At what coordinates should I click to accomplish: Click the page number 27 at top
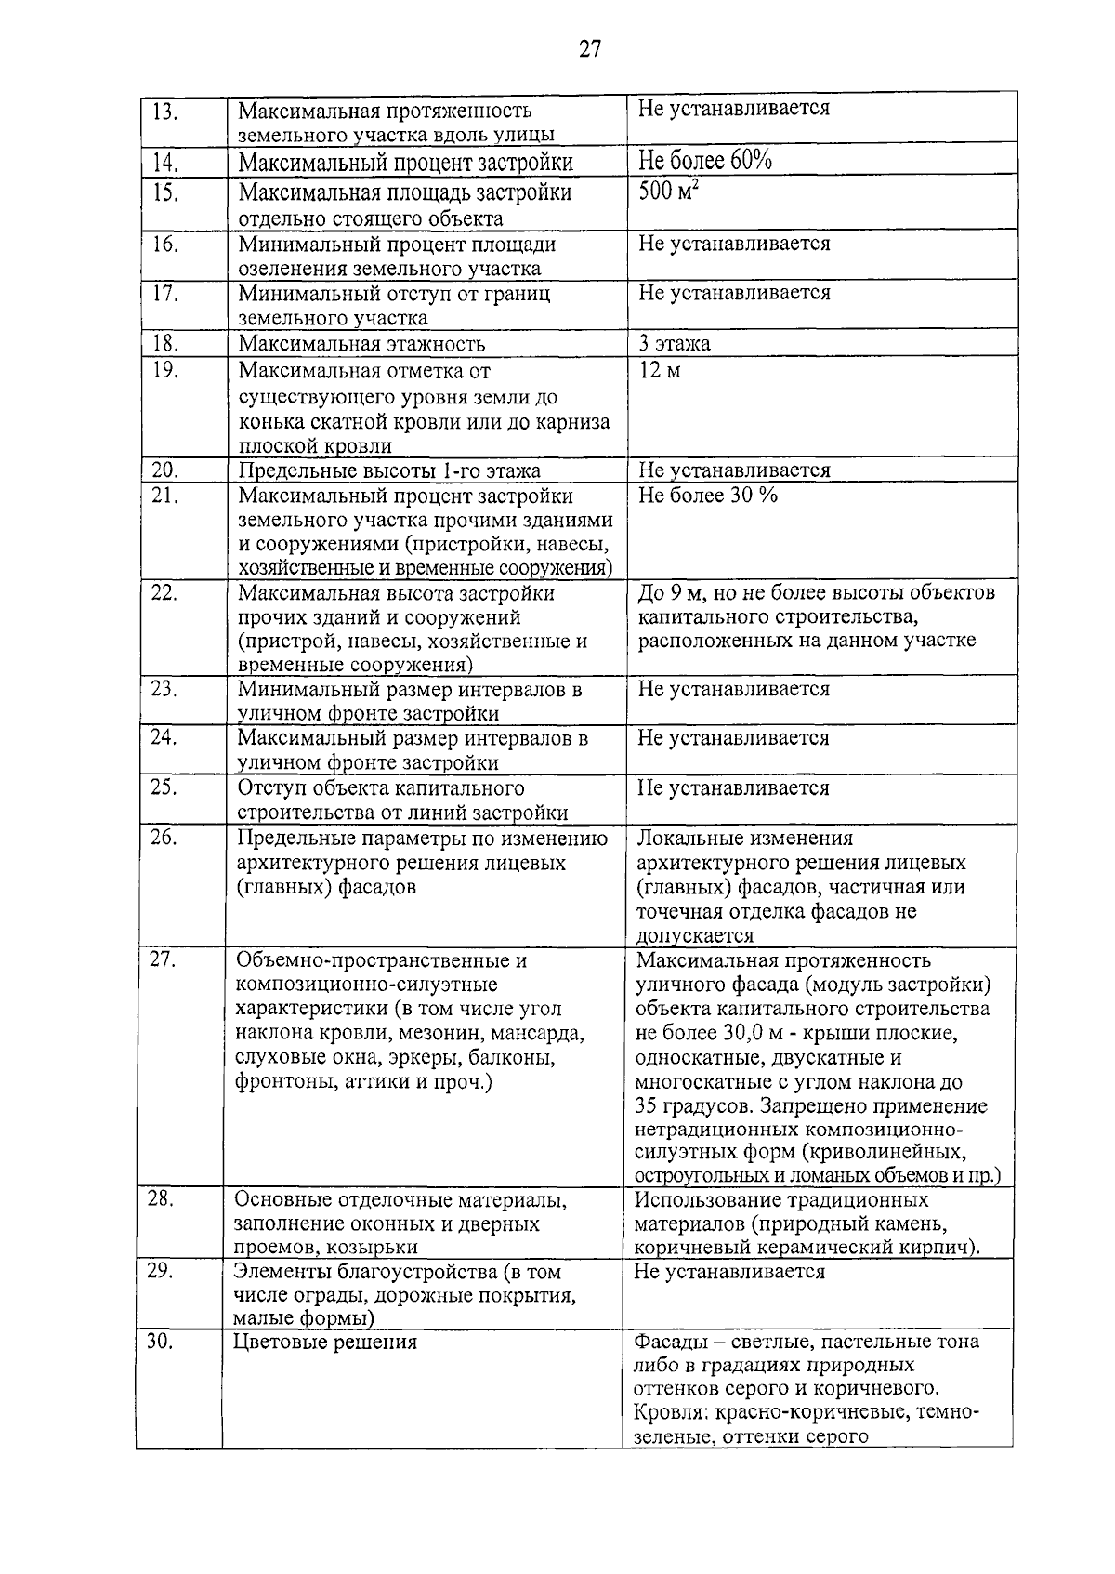point(591,49)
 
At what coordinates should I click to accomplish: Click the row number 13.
point(164,112)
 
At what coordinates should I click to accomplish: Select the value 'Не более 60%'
point(704,161)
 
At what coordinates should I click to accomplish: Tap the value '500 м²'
point(669,192)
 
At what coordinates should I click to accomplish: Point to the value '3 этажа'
point(675,343)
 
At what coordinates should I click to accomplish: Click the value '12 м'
point(661,371)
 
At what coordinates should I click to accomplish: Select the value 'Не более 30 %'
point(707,495)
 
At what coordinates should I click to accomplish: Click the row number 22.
point(164,592)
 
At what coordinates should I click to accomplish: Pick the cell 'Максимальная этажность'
point(361,344)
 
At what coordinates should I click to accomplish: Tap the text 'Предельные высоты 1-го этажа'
point(389,470)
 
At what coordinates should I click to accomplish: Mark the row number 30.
point(161,1341)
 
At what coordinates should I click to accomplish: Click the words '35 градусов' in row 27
point(691,1106)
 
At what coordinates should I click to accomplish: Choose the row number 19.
point(164,370)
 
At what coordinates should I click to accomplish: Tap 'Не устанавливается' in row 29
point(728,1271)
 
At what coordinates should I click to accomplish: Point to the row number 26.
point(164,837)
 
